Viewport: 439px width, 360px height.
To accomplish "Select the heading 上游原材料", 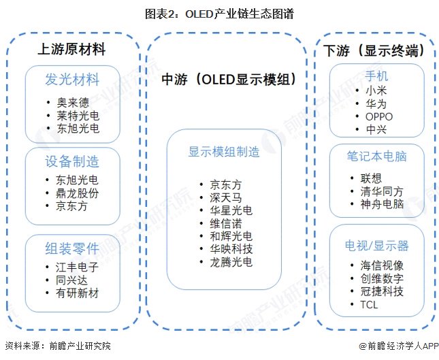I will click(x=71, y=50).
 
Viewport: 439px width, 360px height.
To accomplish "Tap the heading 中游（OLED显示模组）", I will click(x=227, y=80).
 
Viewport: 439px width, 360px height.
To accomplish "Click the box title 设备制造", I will click(x=71, y=161).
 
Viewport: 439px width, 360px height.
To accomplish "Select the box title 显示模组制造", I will click(x=224, y=152).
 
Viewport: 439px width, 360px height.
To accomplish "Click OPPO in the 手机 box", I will click(x=379, y=116).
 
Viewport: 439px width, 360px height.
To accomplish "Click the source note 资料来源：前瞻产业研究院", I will click(x=57, y=346).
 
